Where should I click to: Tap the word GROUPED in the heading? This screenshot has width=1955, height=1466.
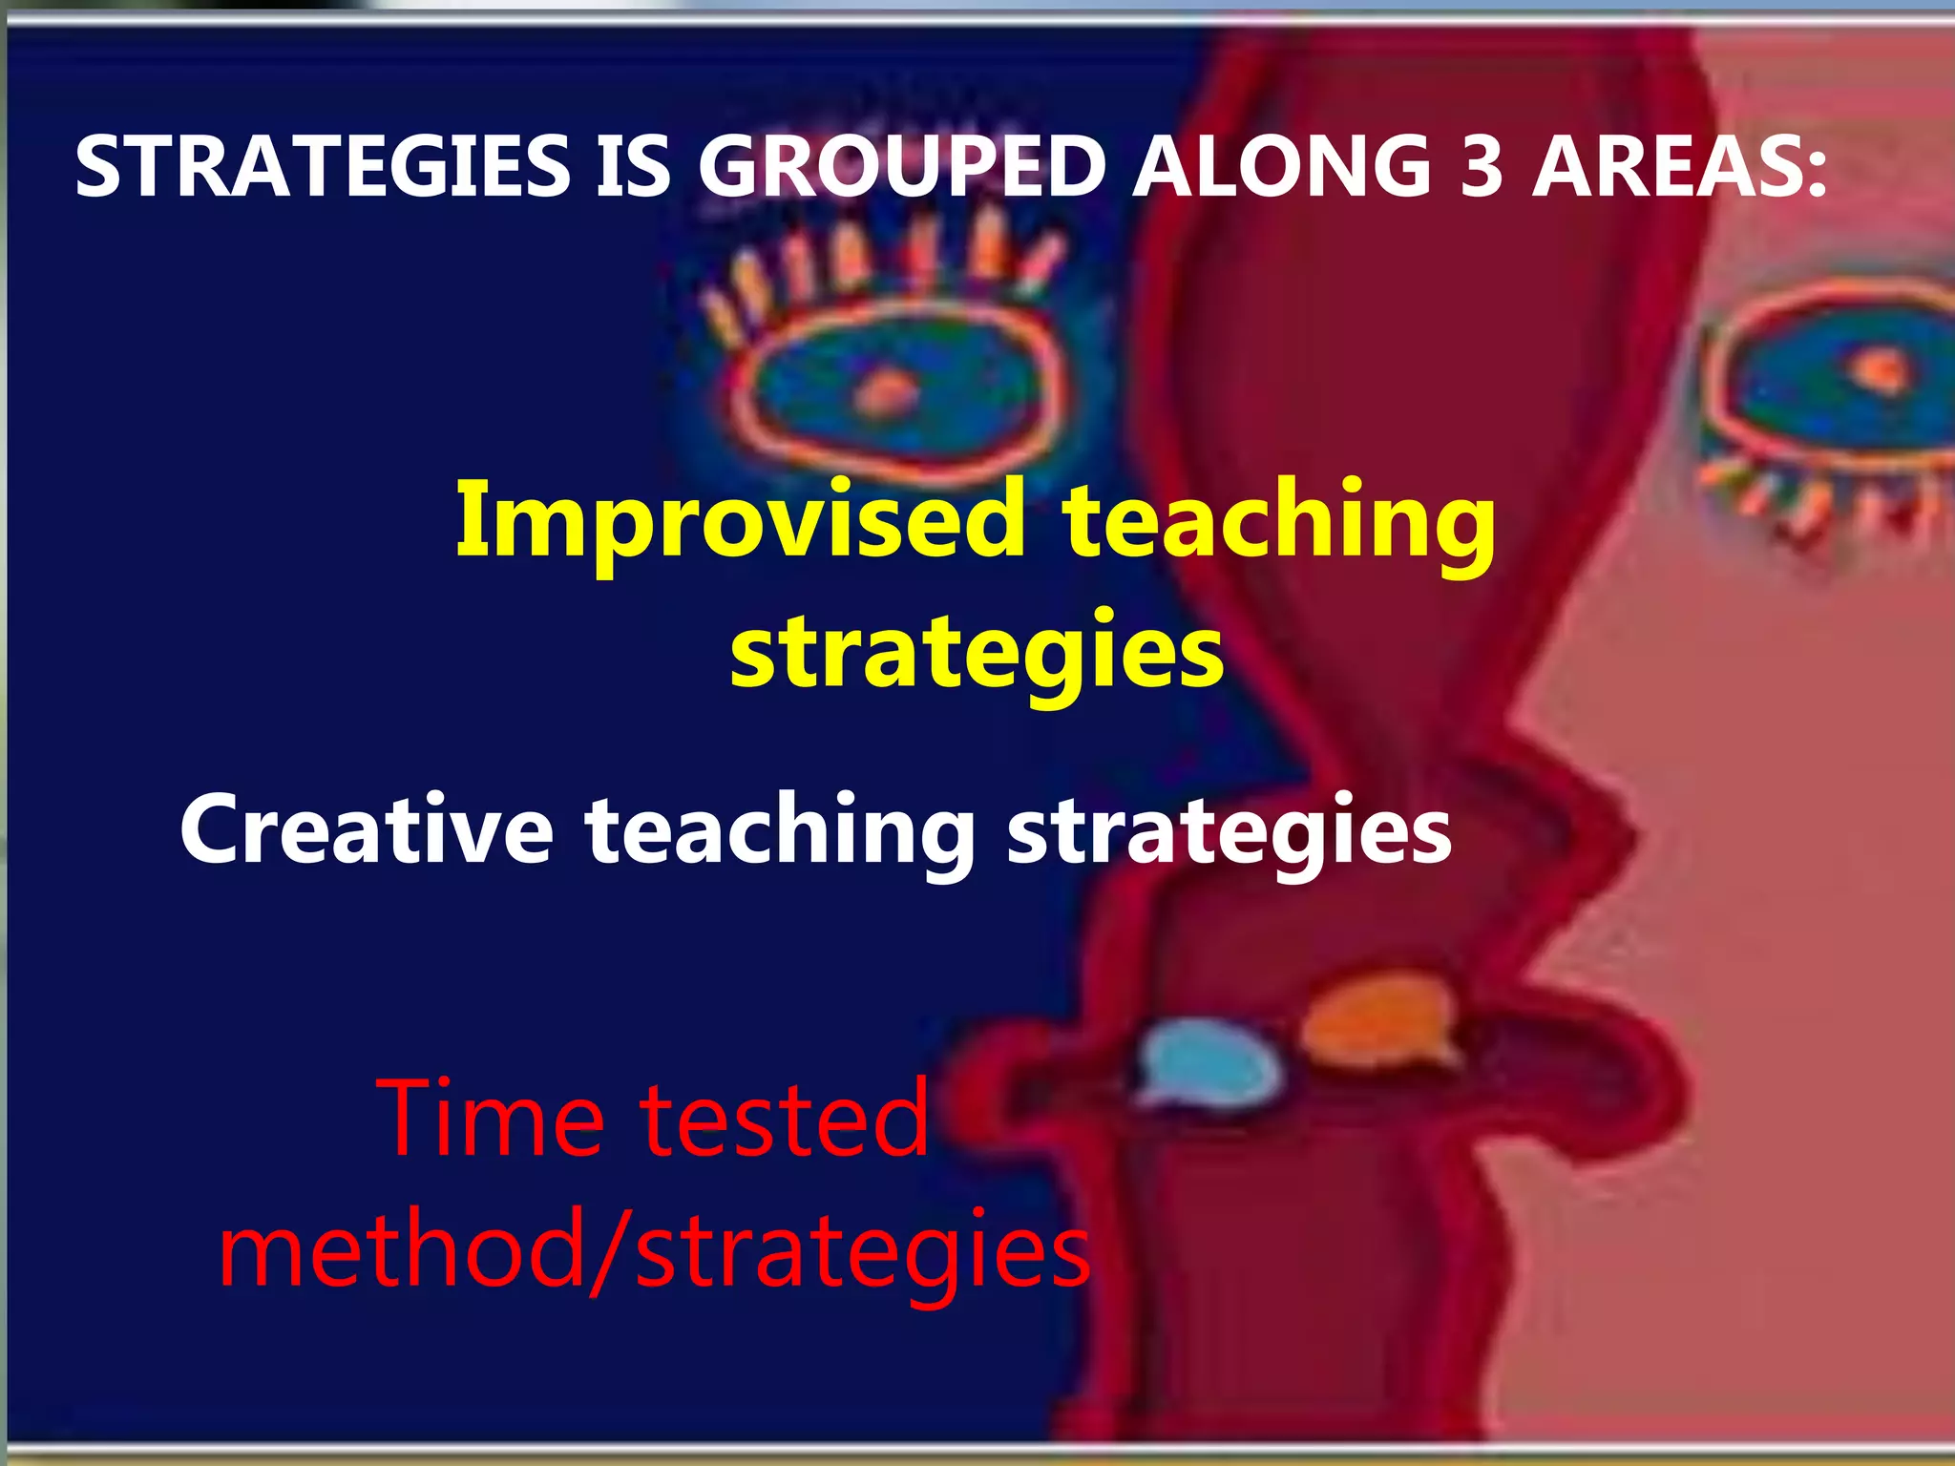(x=901, y=167)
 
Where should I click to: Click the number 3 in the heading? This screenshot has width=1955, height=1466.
(x=1482, y=167)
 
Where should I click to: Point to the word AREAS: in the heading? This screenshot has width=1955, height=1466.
(x=1679, y=167)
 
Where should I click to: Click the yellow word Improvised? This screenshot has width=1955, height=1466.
(x=740, y=522)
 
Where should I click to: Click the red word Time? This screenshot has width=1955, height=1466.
(x=492, y=1117)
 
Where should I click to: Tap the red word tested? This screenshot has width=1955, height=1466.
(x=783, y=1117)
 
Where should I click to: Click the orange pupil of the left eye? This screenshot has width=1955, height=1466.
(x=886, y=391)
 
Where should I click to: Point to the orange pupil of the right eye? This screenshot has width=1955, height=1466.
(x=1879, y=368)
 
